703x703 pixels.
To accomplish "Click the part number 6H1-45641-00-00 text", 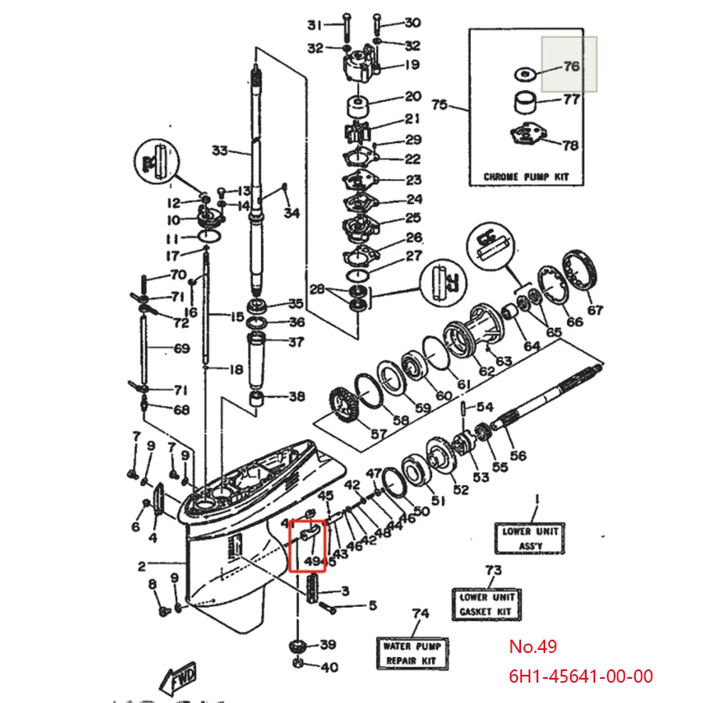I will click(x=580, y=675).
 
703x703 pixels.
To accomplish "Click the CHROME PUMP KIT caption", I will click(x=533, y=177).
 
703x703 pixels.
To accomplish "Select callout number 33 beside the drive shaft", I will click(x=219, y=150).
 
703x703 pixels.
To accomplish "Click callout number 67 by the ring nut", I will click(x=595, y=310).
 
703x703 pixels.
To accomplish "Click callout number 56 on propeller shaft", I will click(x=517, y=455).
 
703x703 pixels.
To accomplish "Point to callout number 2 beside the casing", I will click(x=142, y=565).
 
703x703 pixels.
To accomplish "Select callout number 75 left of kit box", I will click(x=440, y=105).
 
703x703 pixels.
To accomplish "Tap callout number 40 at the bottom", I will click(x=329, y=667).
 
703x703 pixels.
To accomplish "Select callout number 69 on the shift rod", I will click(x=181, y=348).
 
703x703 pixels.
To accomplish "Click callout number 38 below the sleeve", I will click(x=296, y=397).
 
